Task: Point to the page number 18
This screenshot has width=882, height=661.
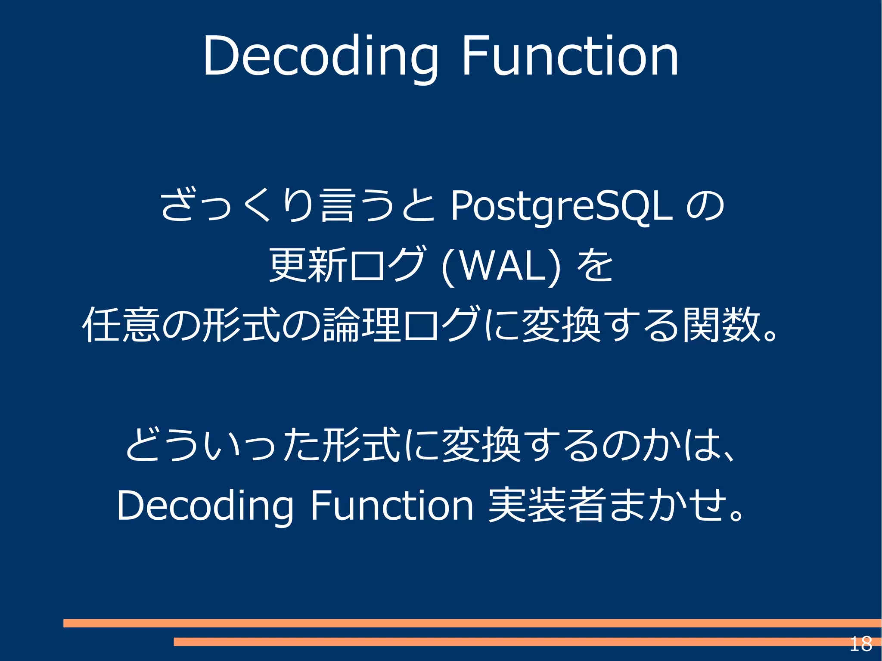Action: click(x=860, y=644)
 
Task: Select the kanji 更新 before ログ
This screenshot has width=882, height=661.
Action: click(x=308, y=265)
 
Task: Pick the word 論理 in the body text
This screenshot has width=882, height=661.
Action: click(x=362, y=325)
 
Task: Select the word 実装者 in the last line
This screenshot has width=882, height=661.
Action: click(x=546, y=505)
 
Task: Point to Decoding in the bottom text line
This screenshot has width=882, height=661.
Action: click(x=205, y=506)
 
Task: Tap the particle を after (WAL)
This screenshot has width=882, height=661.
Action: click(x=595, y=266)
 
